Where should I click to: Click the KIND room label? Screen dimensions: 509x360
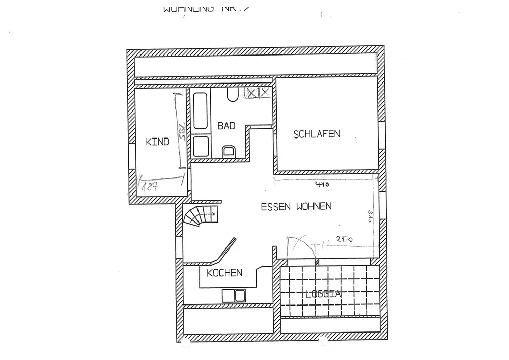pos(157,142)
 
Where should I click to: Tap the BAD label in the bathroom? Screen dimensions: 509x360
pos(226,126)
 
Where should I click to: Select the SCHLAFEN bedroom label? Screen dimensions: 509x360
pos(317,134)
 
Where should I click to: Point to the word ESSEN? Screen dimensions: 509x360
pos(276,207)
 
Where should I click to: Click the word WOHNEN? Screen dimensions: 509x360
pos(313,207)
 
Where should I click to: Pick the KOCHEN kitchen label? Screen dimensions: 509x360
pos(224,273)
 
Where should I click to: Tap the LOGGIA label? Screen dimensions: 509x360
pos(323,294)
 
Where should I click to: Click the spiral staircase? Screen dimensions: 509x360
pos(200,217)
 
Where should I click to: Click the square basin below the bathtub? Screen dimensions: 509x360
pos(200,147)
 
